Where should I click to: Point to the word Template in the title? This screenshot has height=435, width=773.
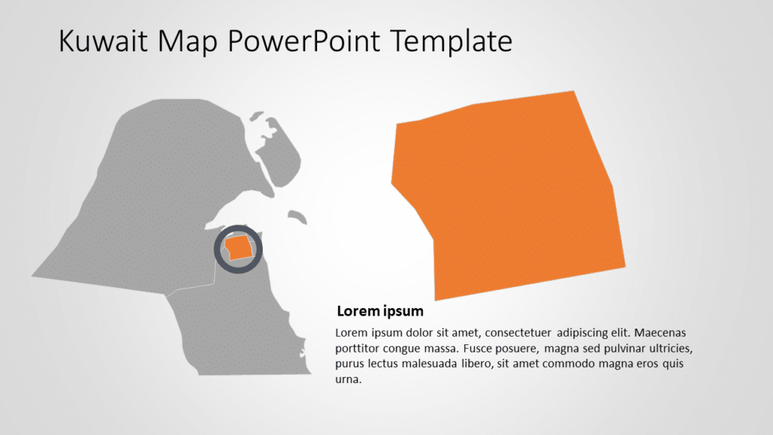coord(451,42)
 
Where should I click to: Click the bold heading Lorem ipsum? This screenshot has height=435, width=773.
coord(380,311)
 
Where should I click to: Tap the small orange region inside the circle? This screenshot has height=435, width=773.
coord(239,247)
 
